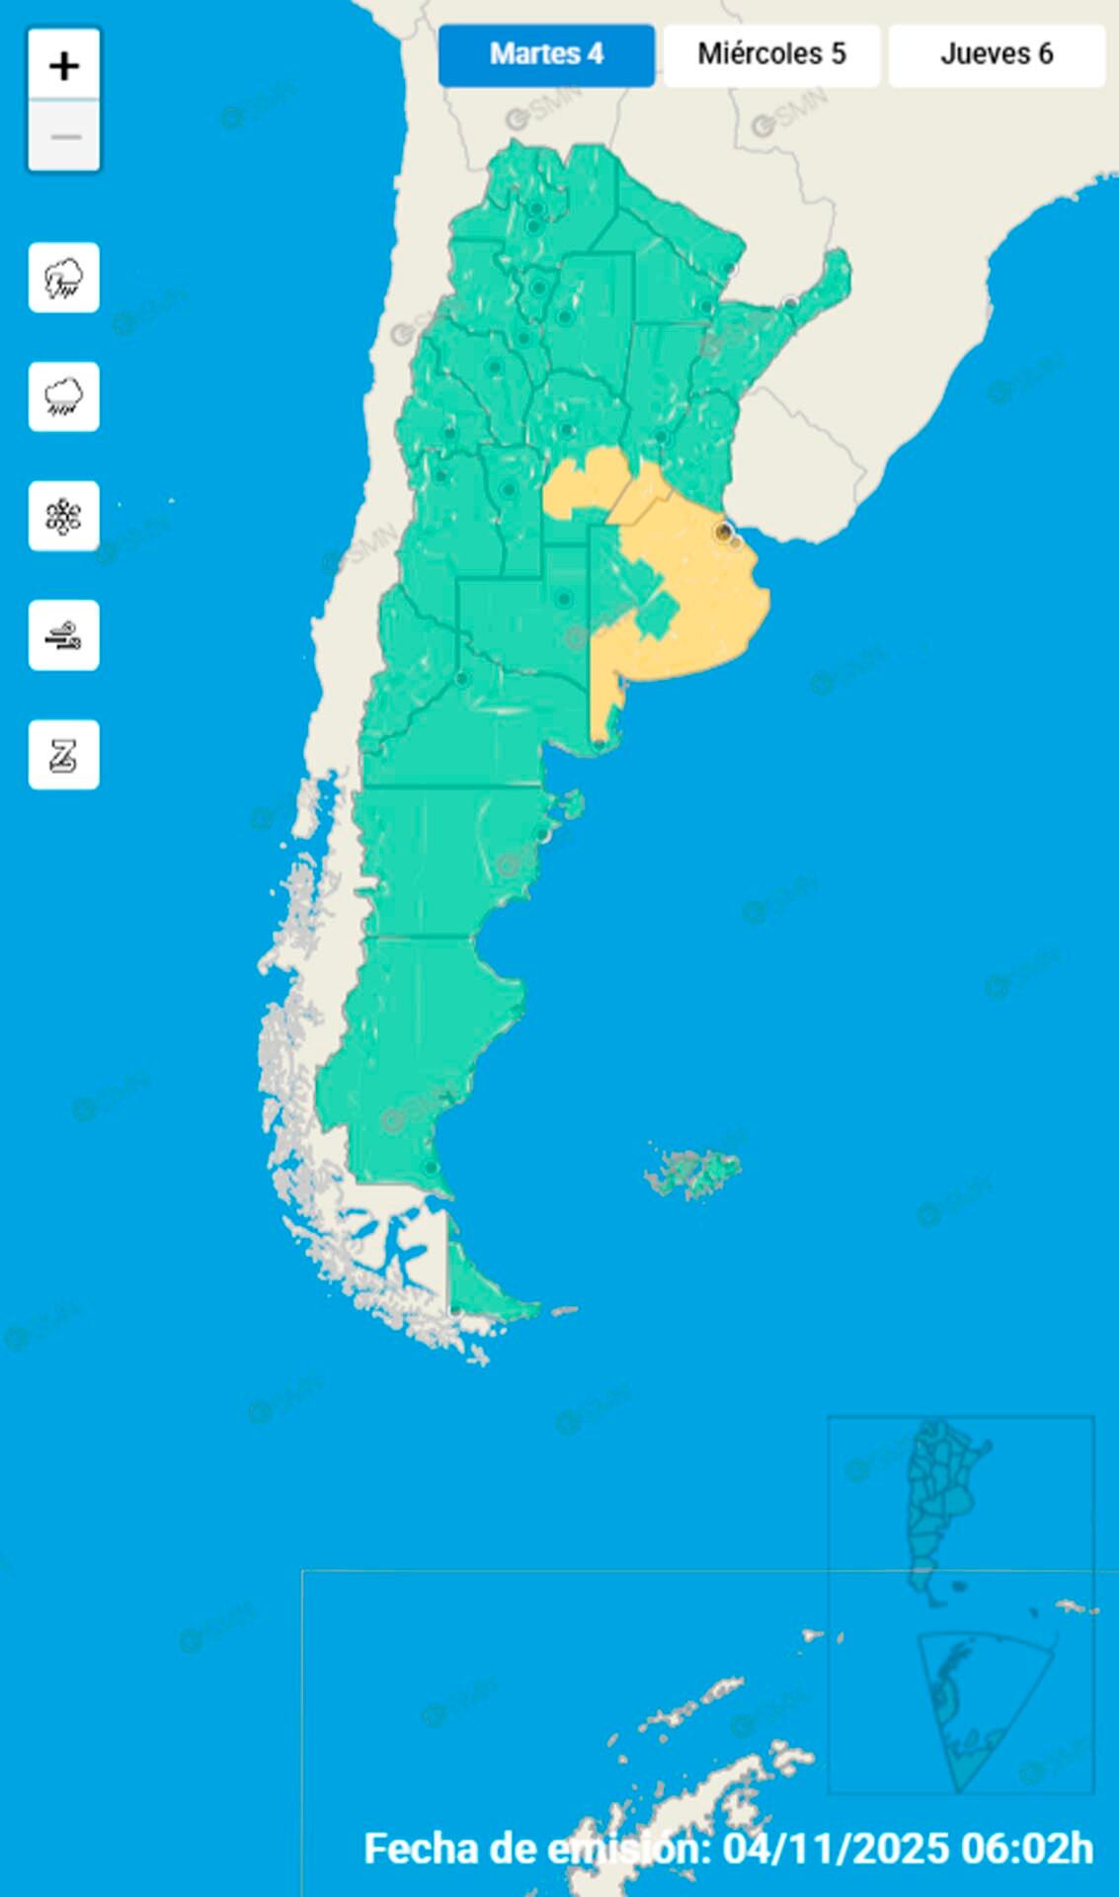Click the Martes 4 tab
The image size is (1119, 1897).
[546, 54]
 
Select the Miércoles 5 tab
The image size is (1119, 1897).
[771, 54]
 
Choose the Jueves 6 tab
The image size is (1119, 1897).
[996, 54]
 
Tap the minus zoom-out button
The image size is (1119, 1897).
[64, 135]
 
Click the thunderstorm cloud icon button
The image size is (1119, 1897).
[64, 278]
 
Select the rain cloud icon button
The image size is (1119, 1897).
[64, 397]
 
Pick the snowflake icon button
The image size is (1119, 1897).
[64, 517]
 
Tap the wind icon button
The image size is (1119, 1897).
[64, 635]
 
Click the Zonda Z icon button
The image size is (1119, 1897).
[64, 755]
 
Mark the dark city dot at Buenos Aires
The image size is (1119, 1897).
[724, 533]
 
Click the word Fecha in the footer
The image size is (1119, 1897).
[419, 1849]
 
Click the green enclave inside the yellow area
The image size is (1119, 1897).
[656, 617]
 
